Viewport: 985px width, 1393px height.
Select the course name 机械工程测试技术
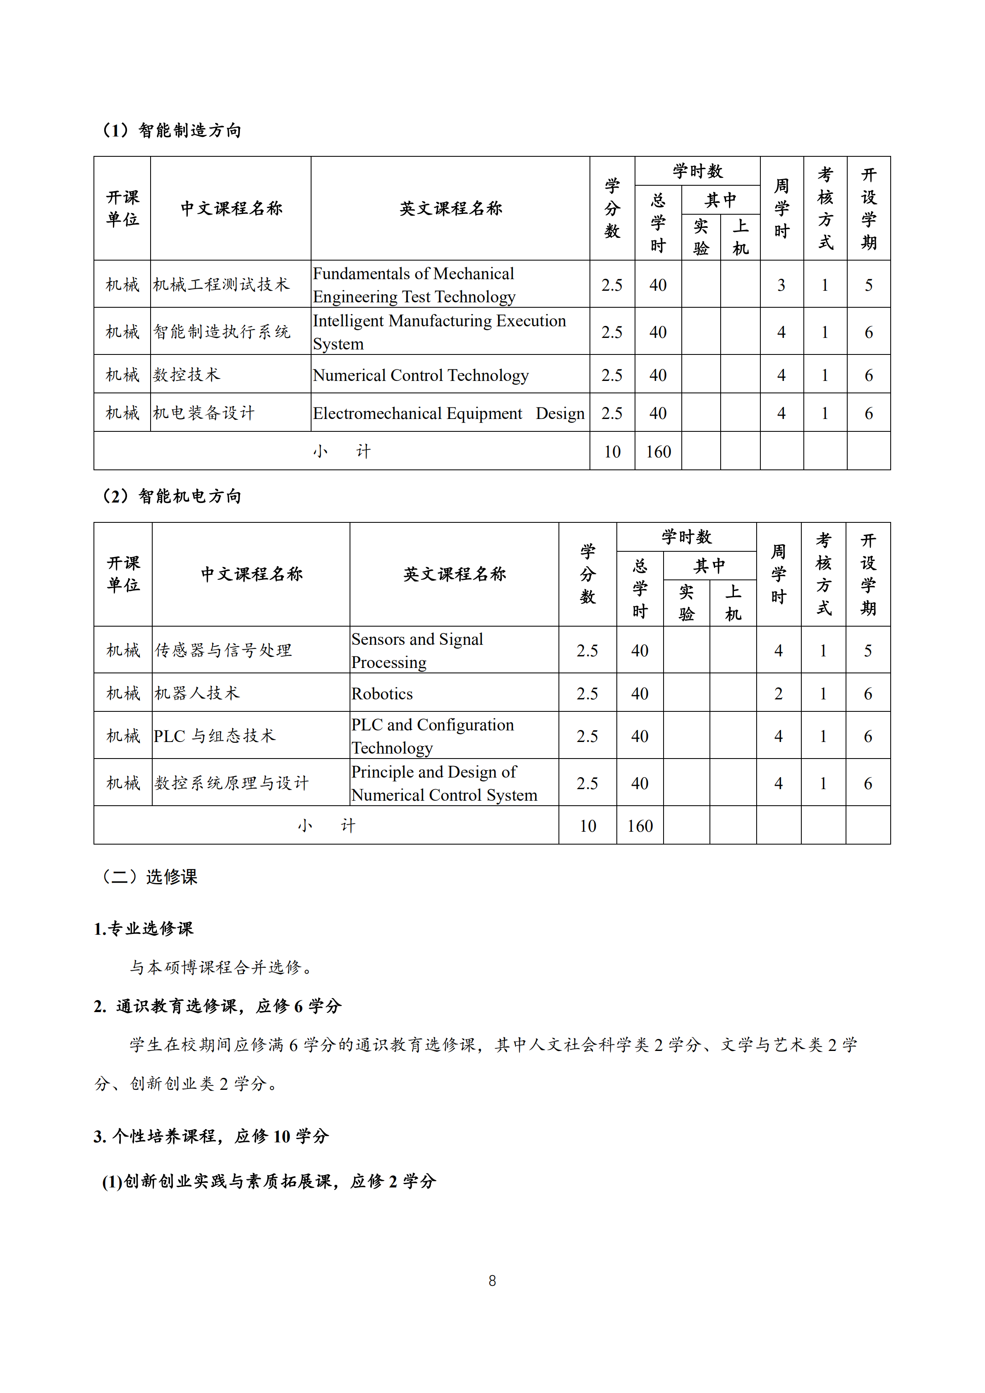pyautogui.click(x=221, y=285)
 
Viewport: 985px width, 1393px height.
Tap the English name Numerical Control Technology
pyautogui.click(x=421, y=375)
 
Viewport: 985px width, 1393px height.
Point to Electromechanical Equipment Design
pyautogui.click(x=448, y=413)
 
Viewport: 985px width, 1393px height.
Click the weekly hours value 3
pyautogui.click(x=781, y=285)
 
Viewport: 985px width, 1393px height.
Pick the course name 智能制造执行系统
pyautogui.click(x=221, y=332)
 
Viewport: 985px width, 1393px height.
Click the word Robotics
pyautogui.click(x=382, y=694)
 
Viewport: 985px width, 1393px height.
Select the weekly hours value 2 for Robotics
pyautogui.click(x=778, y=694)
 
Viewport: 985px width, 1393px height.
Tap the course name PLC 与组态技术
pyautogui.click(x=214, y=736)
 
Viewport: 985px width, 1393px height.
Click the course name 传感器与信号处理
pyautogui.click(x=223, y=651)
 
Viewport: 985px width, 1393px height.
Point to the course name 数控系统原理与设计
pyautogui.click(x=231, y=783)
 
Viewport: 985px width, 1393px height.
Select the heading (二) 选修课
pyautogui.click(x=149, y=877)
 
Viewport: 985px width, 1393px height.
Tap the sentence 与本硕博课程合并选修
pyautogui.click(x=221, y=967)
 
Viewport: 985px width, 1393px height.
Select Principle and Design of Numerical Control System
pyautogui.click(x=443, y=783)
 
